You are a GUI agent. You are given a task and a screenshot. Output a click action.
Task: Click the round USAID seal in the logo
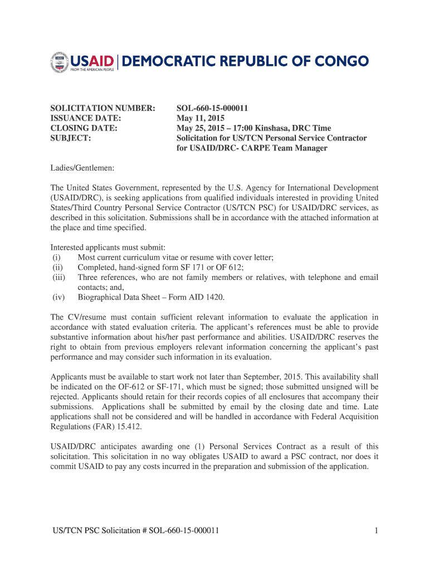pyautogui.click(x=59, y=62)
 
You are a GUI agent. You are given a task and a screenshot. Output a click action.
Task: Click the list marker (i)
pyautogui.click(x=56, y=257)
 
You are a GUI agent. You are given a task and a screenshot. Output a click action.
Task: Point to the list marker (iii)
pyautogui.click(x=58, y=277)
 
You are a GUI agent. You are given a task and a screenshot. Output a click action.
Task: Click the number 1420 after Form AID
pyautogui.click(x=216, y=297)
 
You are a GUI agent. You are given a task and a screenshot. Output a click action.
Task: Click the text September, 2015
pyautogui.click(x=290, y=377)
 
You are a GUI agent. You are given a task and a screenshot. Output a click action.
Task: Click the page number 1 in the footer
pyautogui.click(x=377, y=530)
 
